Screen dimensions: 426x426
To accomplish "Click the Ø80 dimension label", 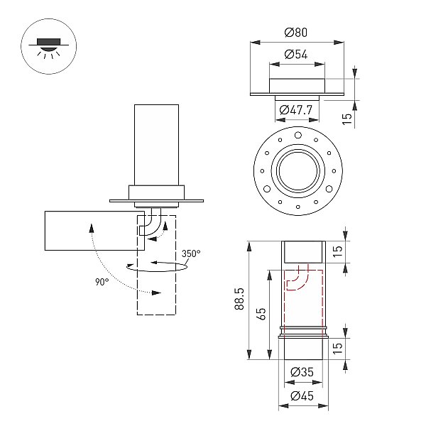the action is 296,33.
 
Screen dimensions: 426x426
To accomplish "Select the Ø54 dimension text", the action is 296,55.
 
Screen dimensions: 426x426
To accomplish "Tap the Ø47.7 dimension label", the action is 296,110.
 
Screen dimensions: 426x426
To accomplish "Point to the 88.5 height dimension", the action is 239,299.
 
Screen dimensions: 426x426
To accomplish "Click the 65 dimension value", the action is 261,314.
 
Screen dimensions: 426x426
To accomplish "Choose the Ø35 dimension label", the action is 302,372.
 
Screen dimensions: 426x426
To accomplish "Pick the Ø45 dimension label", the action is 302,396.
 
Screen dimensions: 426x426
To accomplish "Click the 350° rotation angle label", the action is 191,253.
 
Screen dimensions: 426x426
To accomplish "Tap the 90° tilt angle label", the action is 102,282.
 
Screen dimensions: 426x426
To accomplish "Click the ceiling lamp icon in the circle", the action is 48,47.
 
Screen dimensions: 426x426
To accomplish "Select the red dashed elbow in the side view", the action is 298,277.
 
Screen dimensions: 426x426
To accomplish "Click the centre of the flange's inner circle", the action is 298,171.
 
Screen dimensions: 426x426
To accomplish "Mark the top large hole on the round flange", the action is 298,136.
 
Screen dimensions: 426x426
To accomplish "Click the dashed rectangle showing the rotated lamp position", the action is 156,265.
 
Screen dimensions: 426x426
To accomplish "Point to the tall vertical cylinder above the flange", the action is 156,145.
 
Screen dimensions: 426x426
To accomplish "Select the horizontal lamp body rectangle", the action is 94,231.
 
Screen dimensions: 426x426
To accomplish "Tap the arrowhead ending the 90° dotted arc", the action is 156,293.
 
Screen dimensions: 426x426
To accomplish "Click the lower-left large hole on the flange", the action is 267,189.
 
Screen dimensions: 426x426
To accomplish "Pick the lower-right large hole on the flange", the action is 329,189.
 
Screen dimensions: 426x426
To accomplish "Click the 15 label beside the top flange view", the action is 346,119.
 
